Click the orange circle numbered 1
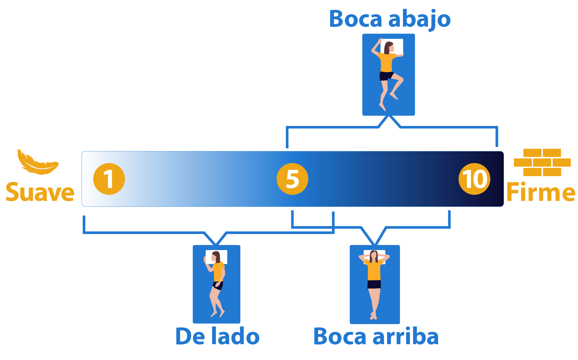[109, 179]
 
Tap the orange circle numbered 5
[292, 179]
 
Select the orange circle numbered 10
[474, 179]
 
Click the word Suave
[40, 192]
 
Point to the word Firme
[541, 192]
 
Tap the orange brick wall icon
[542, 162]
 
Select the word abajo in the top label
[419, 20]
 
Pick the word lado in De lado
[235, 337]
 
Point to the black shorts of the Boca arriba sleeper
[374, 284]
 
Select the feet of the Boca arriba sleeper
[374, 316]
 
